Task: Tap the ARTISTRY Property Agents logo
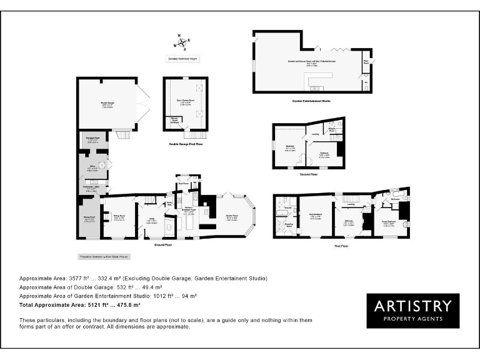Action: point(412,311)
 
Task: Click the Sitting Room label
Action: point(119,217)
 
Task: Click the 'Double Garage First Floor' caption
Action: point(186,144)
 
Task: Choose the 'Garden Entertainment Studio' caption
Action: point(311,101)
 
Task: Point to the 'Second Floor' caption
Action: point(309,174)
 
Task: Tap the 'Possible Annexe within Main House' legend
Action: point(104,256)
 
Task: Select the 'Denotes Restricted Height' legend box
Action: point(181,58)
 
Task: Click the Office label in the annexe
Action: point(91,167)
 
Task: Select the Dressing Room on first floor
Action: point(288,224)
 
